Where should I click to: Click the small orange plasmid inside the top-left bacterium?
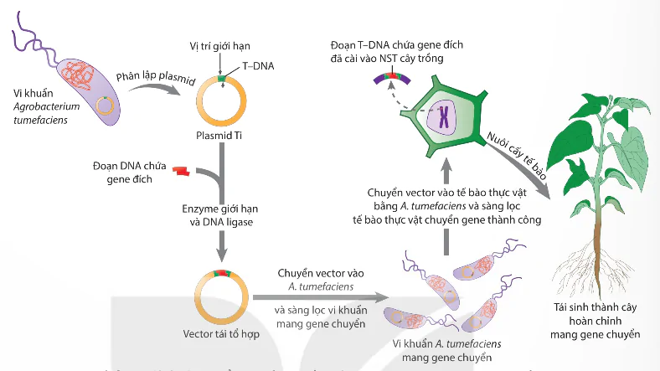click(x=103, y=106)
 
